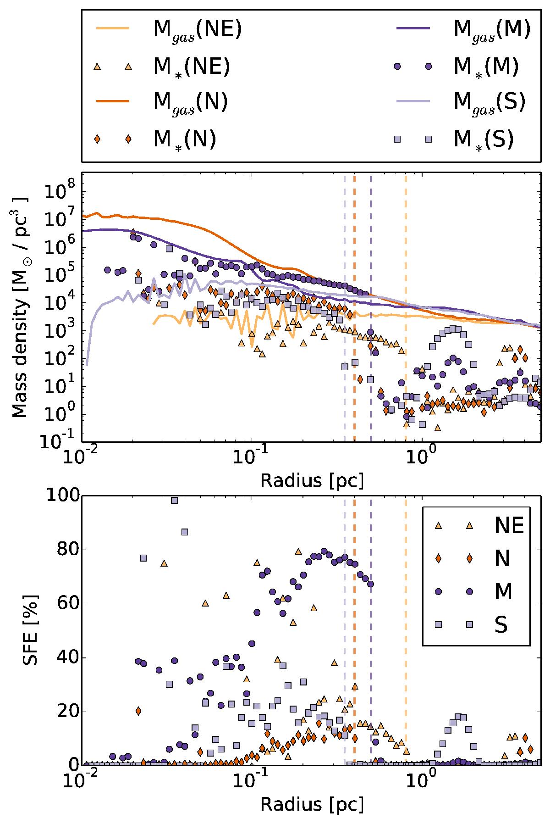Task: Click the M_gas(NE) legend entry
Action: [x=197, y=30]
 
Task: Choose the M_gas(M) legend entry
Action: [x=492, y=30]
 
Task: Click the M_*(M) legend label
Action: [x=486, y=67]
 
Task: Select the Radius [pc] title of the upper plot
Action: [x=312, y=481]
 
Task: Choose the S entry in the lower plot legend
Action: [x=501, y=625]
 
